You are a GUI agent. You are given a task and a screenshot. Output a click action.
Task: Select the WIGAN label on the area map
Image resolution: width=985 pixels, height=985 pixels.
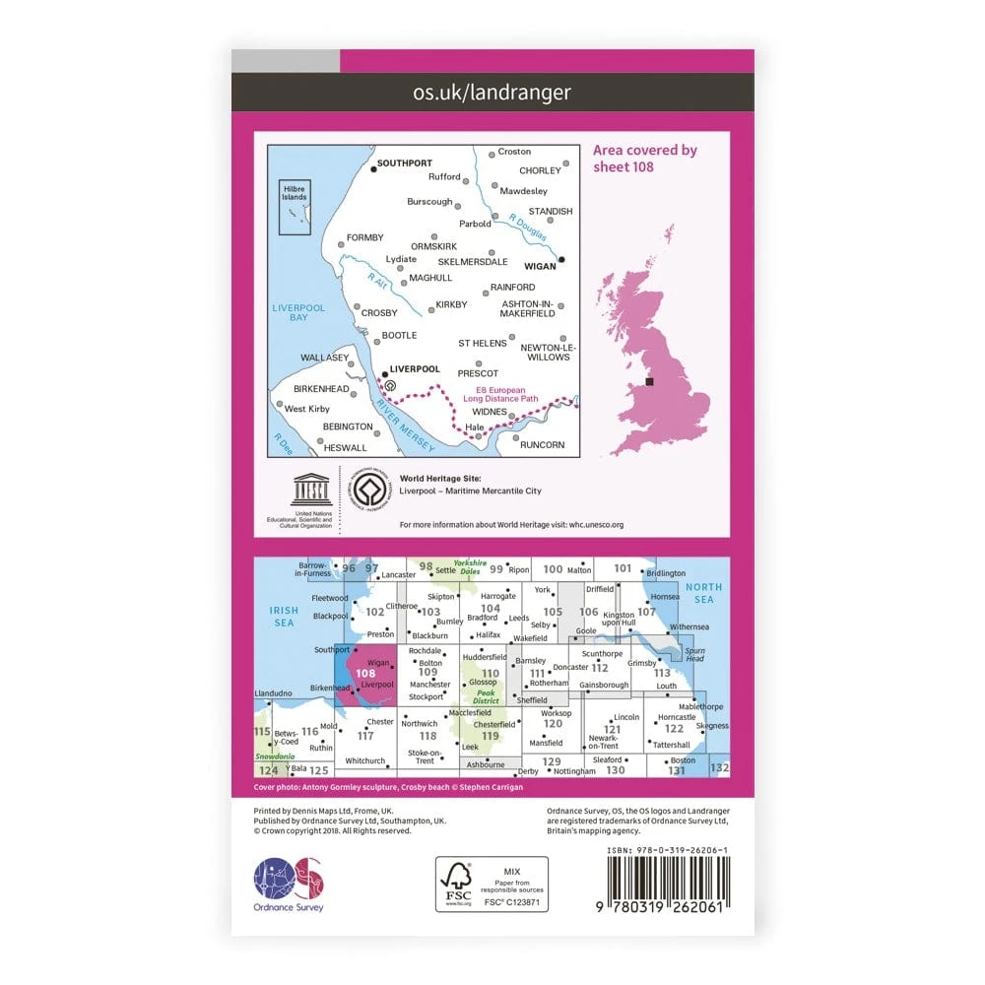coord(540,265)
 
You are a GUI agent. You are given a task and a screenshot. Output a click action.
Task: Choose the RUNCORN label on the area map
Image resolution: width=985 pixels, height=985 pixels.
coord(543,445)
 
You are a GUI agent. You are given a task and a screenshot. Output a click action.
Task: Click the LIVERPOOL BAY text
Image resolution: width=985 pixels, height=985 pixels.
coord(291,313)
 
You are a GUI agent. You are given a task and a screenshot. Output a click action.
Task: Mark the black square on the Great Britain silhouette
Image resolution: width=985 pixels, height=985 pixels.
coord(648,381)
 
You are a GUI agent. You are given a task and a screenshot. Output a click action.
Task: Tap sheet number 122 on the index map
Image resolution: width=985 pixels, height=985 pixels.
coord(674,729)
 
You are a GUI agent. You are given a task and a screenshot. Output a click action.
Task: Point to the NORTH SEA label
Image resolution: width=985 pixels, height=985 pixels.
coord(703,593)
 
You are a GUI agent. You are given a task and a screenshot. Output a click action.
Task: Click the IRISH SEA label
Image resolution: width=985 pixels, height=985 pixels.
coord(284,617)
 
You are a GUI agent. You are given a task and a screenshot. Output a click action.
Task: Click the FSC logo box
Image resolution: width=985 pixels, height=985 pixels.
coord(492,884)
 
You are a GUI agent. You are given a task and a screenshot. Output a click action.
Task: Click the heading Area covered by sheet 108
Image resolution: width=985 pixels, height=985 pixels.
coord(644,158)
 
